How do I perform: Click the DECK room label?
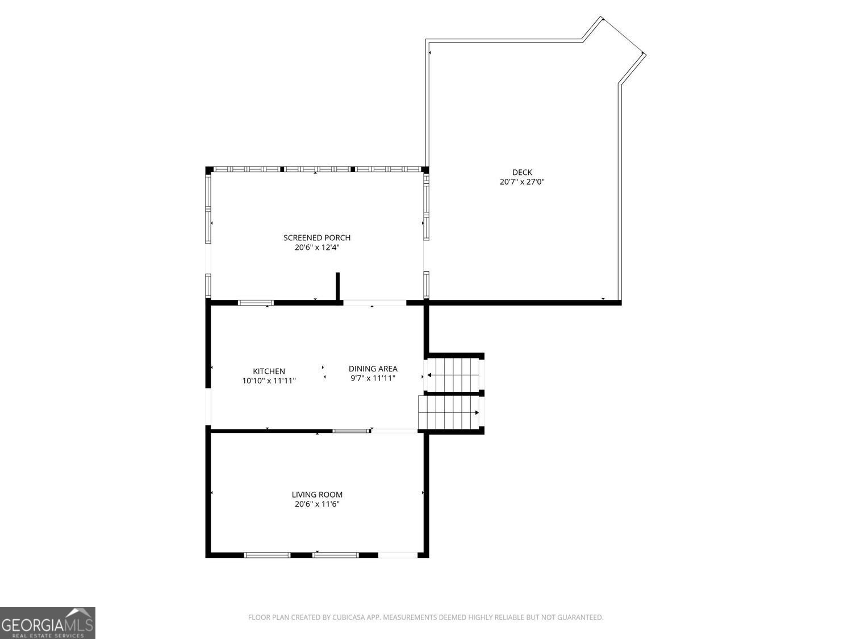pyautogui.click(x=522, y=172)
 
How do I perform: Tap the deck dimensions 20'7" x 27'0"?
pyautogui.click(x=522, y=182)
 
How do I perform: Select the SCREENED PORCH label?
pyautogui.click(x=317, y=237)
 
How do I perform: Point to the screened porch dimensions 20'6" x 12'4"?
pyautogui.click(x=317, y=248)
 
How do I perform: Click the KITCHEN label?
pyautogui.click(x=269, y=371)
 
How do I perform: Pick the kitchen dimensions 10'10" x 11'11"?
pyautogui.click(x=269, y=381)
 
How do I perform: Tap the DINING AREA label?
pyautogui.click(x=373, y=369)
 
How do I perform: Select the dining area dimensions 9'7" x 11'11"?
pyautogui.click(x=373, y=378)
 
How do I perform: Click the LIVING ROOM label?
pyautogui.click(x=317, y=495)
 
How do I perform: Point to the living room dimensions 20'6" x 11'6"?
pyautogui.click(x=317, y=504)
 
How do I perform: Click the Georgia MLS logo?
pyautogui.click(x=48, y=623)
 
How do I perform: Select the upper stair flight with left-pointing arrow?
pyautogui.click(x=453, y=375)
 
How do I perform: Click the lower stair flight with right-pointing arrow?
pyautogui.click(x=449, y=413)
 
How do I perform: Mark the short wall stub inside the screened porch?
pyautogui.click(x=337, y=287)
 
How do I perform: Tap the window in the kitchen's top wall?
pyautogui.click(x=256, y=303)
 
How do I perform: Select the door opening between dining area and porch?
pyautogui.click(x=374, y=303)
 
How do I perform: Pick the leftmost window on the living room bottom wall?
pyautogui.click(x=267, y=555)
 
